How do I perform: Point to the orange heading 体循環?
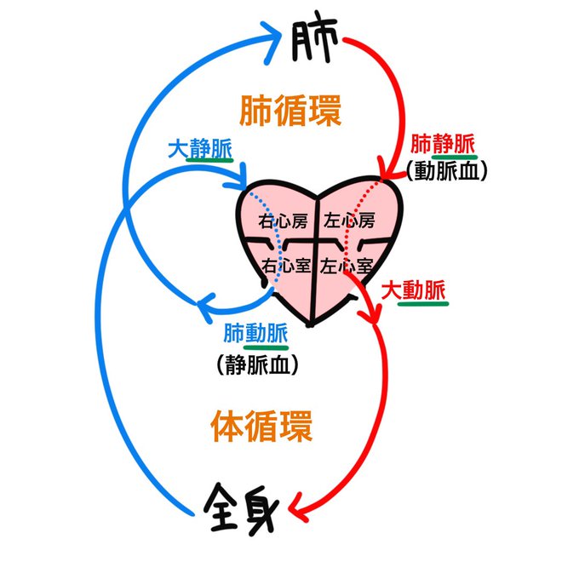(260, 425)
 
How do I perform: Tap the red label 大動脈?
(413, 289)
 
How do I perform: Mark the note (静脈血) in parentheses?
(256, 365)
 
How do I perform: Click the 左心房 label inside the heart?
(349, 221)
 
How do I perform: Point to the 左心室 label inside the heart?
(348, 265)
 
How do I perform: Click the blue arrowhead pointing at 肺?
(275, 40)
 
